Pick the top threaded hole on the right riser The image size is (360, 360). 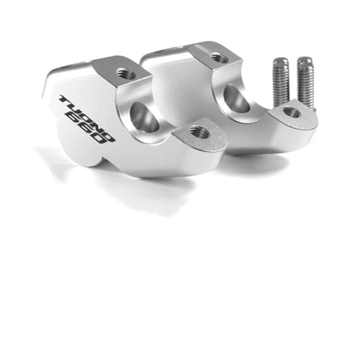tap(217, 56)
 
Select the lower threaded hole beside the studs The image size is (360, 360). tap(292, 112)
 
